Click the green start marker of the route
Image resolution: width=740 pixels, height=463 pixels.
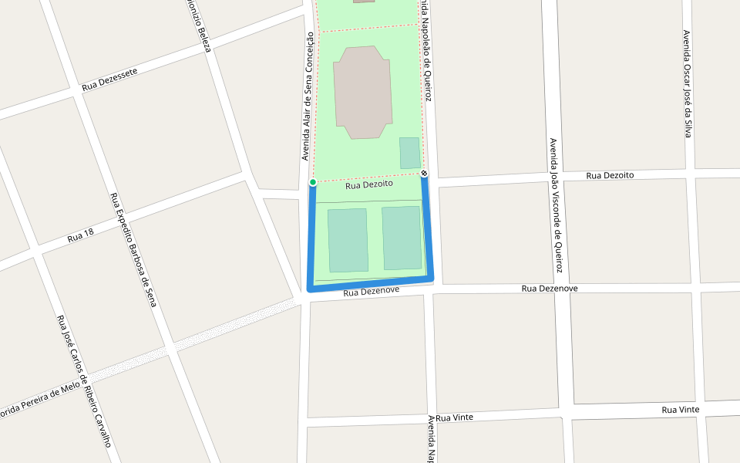pyautogui.click(x=312, y=182)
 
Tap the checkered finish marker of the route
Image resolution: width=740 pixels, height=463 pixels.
pyautogui.click(x=424, y=174)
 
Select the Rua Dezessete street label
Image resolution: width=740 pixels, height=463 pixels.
pyautogui.click(x=109, y=79)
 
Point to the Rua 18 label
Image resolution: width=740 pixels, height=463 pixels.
pyautogui.click(x=80, y=235)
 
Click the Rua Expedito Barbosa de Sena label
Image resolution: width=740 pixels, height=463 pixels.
pyautogui.click(x=133, y=250)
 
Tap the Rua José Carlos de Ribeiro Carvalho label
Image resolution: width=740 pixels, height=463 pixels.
pyautogui.click(x=84, y=380)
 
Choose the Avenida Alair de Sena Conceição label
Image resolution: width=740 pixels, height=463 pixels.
pyautogui.click(x=308, y=96)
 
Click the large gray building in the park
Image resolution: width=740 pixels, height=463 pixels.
pyautogui.click(x=362, y=92)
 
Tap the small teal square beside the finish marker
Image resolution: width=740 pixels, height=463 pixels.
pyautogui.click(x=409, y=153)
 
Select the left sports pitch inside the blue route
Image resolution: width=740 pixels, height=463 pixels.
pyautogui.click(x=348, y=240)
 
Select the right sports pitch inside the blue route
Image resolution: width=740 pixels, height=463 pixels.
pyautogui.click(x=402, y=238)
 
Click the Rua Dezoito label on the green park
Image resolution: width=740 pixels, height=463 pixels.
pyautogui.click(x=369, y=185)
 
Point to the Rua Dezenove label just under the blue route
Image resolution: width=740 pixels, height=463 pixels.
pyautogui.click(x=371, y=292)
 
